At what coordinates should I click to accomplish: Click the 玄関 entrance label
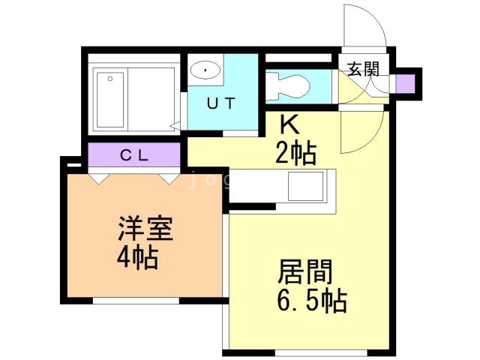[x=363, y=70]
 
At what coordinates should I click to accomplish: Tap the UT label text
[x=221, y=104]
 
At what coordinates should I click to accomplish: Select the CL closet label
[x=136, y=156]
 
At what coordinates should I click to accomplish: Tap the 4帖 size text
[x=136, y=258]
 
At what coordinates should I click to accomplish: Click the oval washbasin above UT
[x=205, y=70]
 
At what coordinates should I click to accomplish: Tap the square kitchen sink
[x=304, y=186]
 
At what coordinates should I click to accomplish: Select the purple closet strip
[x=135, y=156]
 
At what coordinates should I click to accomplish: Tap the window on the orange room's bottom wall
[x=136, y=301]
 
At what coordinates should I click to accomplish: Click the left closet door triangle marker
[x=98, y=178]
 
